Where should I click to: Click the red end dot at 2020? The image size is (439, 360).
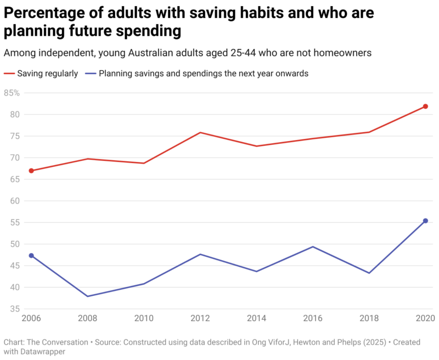click(x=425, y=106)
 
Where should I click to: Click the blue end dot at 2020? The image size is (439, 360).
click(x=425, y=221)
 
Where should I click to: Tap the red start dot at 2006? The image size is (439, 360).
click(x=31, y=171)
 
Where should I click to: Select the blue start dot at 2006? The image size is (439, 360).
click(x=31, y=256)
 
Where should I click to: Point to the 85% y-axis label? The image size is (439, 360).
click(x=12, y=93)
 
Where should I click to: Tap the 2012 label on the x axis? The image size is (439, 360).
click(x=200, y=319)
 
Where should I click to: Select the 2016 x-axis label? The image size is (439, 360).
click(x=312, y=319)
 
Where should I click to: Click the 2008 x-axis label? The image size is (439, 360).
click(x=88, y=319)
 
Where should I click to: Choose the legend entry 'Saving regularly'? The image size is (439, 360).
click(x=47, y=73)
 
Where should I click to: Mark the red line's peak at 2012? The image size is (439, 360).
click(x=200, y=132)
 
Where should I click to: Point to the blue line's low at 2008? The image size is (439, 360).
click(x=88, y=296)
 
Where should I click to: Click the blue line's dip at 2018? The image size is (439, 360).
click(x=369, y=273)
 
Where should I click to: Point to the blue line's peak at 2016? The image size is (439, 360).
click(x=312, y=246)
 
